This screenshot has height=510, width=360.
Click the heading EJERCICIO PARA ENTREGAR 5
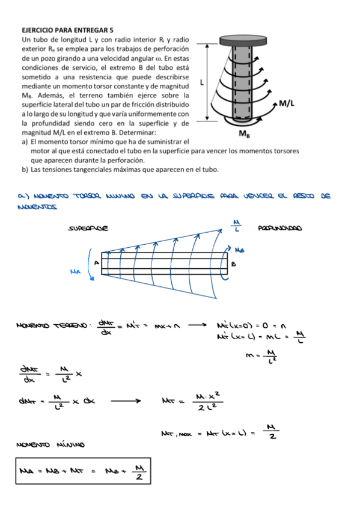click(x=67, y=29)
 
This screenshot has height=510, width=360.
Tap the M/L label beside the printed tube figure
click(x=287, y=103)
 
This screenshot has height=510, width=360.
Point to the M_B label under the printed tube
click(x=245, y=134)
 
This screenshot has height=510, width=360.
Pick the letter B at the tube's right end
click(x=234, y=263)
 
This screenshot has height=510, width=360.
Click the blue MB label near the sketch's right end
click(x=239, y=248)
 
